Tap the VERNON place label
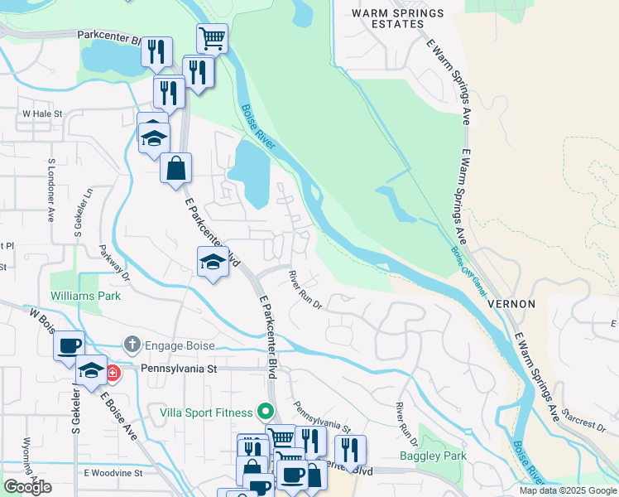(511, 304)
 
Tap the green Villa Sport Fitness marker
(265, 410)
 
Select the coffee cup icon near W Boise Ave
(69, 345)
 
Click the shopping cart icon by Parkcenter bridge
(212, 37)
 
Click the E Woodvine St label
(113, 473)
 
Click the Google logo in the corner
(27, 487)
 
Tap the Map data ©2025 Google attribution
(568, 490)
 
